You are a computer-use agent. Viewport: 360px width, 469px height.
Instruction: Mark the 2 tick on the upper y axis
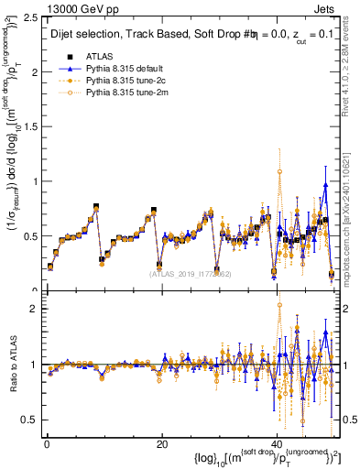pyautogui.click(x=35, y=71)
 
